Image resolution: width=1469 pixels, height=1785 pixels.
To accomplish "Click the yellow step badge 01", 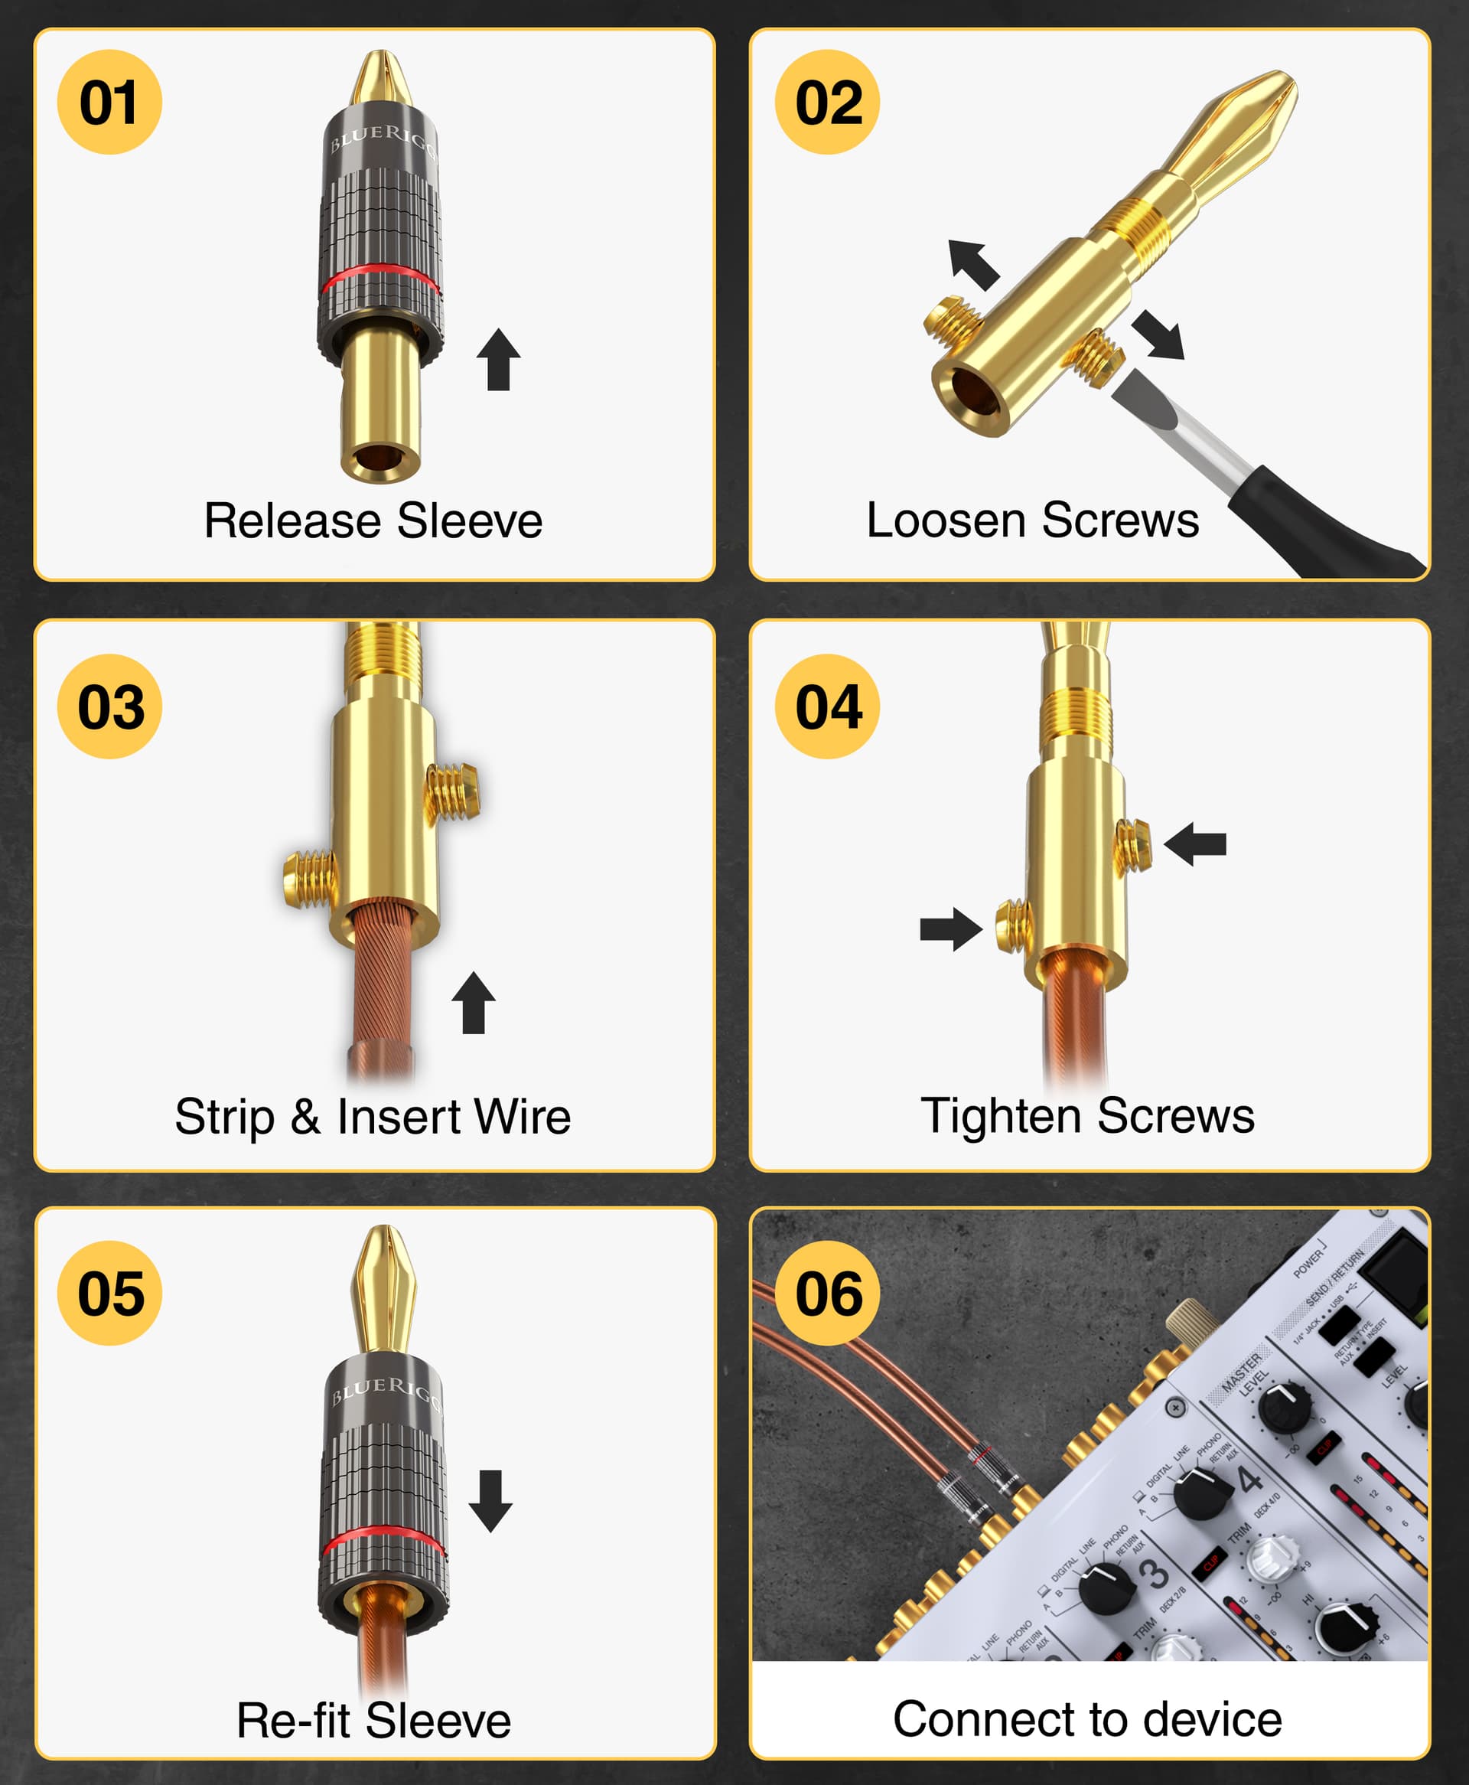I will coord(109,103).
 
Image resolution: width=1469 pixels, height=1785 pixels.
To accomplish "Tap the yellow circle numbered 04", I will coord(827,706).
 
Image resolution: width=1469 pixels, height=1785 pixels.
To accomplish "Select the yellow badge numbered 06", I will coord(827,1294).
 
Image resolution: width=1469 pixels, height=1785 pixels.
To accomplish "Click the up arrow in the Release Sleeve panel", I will coord(498,359).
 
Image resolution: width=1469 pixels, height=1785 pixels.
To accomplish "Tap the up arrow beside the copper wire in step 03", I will coord(473,1002).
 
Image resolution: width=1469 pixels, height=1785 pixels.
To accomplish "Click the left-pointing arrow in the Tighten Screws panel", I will coord(1195,844).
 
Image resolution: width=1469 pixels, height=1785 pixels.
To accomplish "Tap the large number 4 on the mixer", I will coord(1250,1478).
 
